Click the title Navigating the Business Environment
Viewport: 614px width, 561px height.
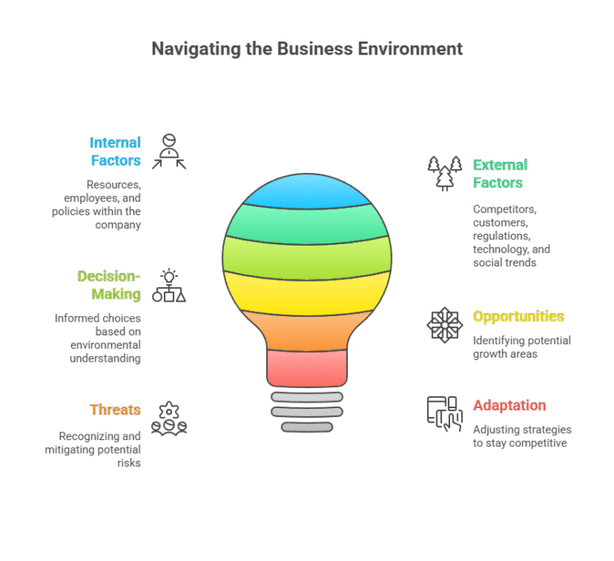(307, 49)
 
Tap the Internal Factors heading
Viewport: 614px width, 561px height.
(115, 151)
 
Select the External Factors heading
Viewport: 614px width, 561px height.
(500, 174)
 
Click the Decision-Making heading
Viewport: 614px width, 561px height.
(109, 285)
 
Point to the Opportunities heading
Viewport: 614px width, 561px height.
(518, 316)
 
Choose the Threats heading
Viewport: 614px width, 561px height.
(115, 410)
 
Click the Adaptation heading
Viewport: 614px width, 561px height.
(509, 406)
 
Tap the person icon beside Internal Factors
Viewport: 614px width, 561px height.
(169, 152)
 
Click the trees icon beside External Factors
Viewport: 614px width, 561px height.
(445, 174)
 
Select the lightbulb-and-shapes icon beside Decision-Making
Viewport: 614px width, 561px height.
(169, 286)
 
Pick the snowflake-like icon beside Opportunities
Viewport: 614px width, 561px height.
(445, 325)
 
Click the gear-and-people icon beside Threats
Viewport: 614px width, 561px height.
(169, 419)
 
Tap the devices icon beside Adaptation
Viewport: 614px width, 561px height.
(445, 414)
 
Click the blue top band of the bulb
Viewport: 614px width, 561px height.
(307, 191)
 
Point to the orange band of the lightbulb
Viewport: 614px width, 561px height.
(307, 331)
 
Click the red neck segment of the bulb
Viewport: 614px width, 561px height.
(307, 368)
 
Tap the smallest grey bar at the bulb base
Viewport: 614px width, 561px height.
(307, 427)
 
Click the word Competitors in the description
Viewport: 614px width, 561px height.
(504, 210)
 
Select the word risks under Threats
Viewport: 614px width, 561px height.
(129, 463)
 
